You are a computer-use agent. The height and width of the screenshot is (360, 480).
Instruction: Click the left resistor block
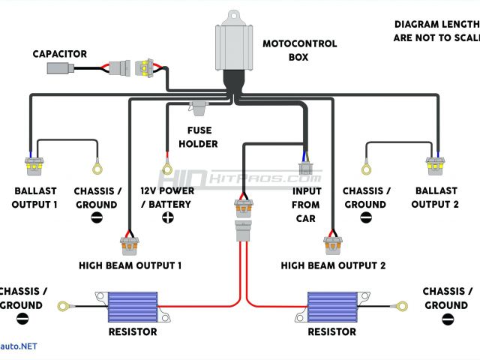click(x=130, y=305)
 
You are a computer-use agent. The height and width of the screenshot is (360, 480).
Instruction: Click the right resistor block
click(x=333, y=305)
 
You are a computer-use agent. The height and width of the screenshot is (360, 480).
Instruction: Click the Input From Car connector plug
click(x=305, y=166)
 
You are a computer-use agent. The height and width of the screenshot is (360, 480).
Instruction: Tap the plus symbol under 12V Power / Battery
click(x=167, y=217)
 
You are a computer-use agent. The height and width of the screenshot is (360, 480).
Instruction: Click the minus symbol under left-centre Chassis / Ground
click(x=97, y=217)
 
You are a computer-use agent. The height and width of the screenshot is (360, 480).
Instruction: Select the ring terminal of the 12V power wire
click(x=167, y=169)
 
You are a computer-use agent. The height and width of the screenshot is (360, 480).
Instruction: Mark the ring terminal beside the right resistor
click(x=402, y=306)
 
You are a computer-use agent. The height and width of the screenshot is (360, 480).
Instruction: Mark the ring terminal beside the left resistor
click(x=61, y=306)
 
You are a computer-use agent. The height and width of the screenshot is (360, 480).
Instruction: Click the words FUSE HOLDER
click(x=199, y=136)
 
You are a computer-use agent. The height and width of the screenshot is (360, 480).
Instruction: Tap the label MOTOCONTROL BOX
click(x=299, y=49)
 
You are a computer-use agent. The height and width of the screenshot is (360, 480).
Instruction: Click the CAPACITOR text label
click(x=59, y=54)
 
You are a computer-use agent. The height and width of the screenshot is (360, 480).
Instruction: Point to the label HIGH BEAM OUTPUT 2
click(x=333, y=265)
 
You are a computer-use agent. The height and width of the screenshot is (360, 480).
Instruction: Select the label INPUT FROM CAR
click(x=305, y=205)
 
